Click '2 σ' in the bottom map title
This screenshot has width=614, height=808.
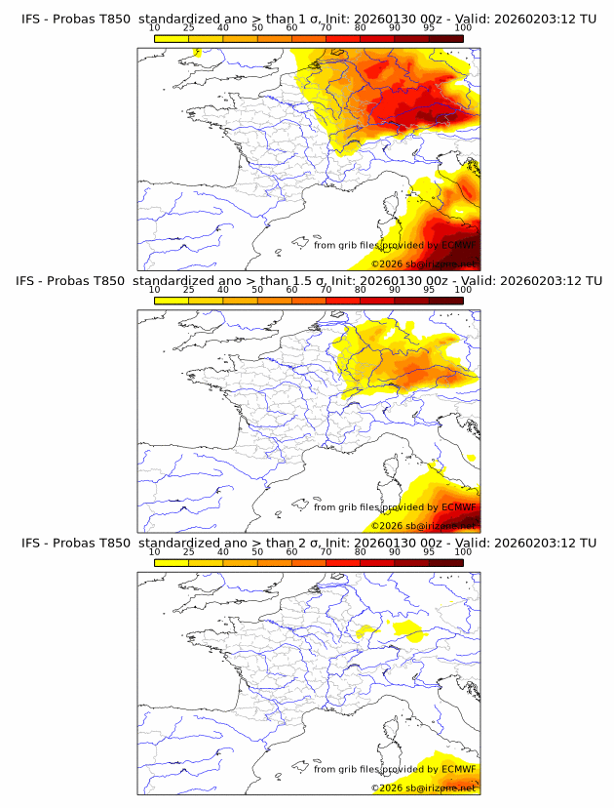[x=315, y=543]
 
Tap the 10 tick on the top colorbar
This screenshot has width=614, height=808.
[x=154, y=28]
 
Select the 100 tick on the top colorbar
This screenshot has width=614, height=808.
[x=463, y=28]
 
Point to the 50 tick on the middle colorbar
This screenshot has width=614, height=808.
[x=257, y=290]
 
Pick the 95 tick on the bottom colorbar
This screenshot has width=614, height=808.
[x=429, y=551]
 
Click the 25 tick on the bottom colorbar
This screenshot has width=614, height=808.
[x=188, y=551]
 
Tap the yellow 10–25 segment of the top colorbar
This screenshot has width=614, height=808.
[x=172, y=37]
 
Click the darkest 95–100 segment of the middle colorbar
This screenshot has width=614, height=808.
[x=445, y=300]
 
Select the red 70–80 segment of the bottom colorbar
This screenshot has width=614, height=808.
[x=343, y=561]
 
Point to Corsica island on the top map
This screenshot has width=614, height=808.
[x=394, y=208]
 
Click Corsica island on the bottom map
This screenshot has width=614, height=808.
[x=394, y=731]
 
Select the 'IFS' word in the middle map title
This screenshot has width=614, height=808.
[x=30, y=281]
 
